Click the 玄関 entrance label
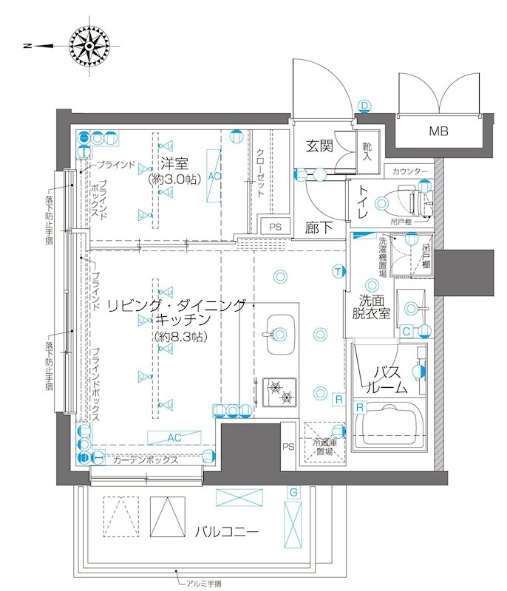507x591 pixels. (x=319, y=146)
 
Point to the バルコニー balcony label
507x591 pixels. (x=227, y=531)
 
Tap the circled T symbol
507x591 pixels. (x=337, y=271)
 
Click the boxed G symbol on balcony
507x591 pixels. (x=293, y=491)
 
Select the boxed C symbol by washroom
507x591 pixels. (x=406, y=331)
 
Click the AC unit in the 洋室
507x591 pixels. (x=214, y=176)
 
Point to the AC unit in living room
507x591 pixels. (x=174, y=437)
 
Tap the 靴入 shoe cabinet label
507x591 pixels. (x=367, y=151)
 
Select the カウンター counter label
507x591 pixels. (x=410, y=171)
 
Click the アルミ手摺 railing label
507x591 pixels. (x=202, y=584)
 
